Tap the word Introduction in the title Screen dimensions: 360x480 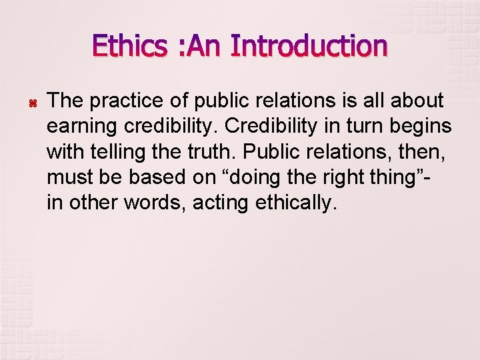click(x=309, y=47)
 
